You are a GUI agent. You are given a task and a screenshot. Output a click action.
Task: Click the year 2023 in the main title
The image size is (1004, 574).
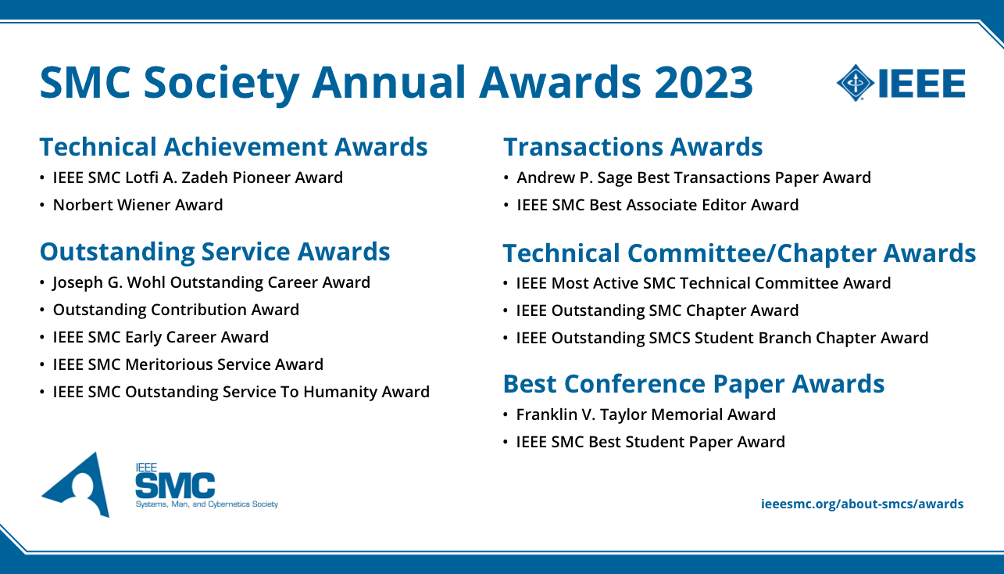click(x=703, y=83)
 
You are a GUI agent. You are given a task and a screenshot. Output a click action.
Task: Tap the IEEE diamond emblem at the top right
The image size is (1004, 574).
click(x=856, y=83)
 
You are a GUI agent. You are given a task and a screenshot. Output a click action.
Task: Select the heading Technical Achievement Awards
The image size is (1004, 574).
click(x=234, y=147)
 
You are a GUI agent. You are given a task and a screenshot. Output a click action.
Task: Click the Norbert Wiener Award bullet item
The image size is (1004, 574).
click(x=138, y=205)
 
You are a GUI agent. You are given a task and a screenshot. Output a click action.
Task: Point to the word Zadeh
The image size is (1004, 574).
click(x=205, y=178)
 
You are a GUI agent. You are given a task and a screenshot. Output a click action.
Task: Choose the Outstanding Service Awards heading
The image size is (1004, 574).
click(x=215, y=252)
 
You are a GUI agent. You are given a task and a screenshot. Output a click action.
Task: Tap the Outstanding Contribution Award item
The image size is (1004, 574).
click(x=176, y=310)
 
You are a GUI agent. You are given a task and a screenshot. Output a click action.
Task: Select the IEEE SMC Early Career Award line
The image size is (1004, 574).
click(x=160, y=337)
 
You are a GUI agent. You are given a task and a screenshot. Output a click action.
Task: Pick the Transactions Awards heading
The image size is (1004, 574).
click(x=633, y=147)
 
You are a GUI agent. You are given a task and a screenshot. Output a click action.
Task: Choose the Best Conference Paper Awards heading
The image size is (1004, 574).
click(x=694, y=384)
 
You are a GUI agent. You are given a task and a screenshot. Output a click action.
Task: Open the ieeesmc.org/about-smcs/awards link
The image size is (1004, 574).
click(x=862, y=504)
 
